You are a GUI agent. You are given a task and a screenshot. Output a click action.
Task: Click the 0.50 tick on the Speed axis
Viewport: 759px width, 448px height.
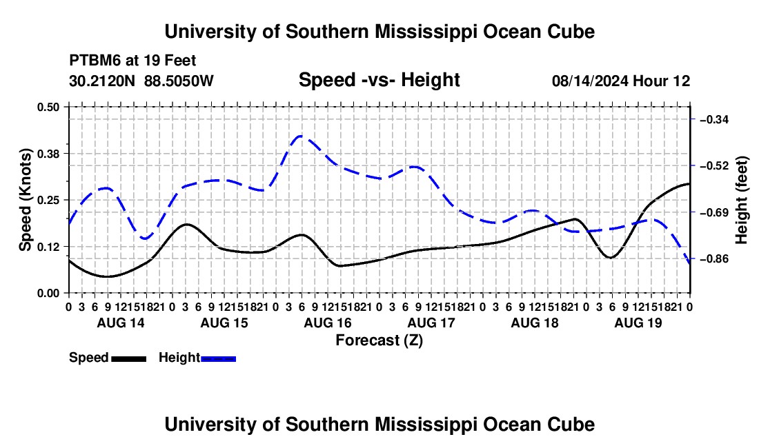48,107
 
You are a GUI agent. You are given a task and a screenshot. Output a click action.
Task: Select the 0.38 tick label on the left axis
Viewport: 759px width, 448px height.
48,154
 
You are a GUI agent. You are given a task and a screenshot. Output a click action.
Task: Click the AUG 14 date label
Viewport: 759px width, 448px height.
121,323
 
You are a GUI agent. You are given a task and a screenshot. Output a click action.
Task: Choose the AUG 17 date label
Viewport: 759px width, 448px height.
431,323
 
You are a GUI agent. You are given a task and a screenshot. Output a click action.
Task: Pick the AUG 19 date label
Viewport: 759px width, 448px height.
638,323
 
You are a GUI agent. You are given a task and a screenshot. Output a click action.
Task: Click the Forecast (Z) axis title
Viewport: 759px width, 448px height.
379,340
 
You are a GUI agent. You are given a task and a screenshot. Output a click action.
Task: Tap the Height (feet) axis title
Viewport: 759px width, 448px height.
741,200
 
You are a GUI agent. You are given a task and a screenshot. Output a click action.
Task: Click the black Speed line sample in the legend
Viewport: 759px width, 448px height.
129,359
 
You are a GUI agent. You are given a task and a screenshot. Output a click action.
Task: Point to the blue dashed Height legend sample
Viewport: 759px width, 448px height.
218,359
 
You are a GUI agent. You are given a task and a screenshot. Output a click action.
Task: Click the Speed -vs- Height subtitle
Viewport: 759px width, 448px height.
379,80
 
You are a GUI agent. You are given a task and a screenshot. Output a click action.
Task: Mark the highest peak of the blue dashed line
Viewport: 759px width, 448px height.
301,136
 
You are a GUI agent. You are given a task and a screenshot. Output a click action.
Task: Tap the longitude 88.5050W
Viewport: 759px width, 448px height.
179,81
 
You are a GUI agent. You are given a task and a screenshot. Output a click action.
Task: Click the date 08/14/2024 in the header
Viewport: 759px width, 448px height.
591,81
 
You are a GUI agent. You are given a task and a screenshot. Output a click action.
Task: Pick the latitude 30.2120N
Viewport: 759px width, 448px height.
102,81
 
